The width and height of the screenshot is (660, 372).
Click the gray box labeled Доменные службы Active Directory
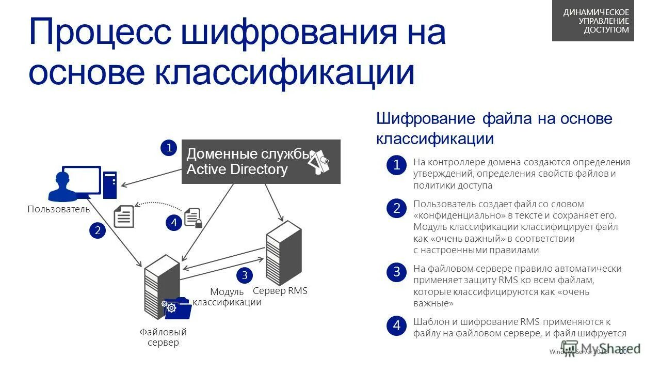point(261,162)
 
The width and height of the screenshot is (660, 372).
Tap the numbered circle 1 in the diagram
point(168,148)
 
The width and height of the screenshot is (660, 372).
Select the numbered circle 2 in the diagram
point(97,230)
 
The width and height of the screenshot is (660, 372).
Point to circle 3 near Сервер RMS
point(245,274)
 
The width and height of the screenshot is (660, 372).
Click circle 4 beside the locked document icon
point(174,223)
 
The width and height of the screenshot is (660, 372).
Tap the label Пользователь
point(58,209)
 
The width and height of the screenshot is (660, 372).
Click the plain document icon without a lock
point(123,216)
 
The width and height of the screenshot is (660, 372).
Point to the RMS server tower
point(283,253)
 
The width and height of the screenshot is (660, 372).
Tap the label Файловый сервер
point(163,337)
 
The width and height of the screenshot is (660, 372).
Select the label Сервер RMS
point(280,291)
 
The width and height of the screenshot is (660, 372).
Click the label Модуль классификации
point(228,297)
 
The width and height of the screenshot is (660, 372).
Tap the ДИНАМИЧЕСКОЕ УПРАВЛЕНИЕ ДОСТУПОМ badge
point(593,21)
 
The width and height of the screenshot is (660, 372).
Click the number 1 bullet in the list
point(396,165)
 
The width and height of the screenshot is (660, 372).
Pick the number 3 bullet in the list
point(396,272)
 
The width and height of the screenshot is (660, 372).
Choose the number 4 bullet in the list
point(396,326)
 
